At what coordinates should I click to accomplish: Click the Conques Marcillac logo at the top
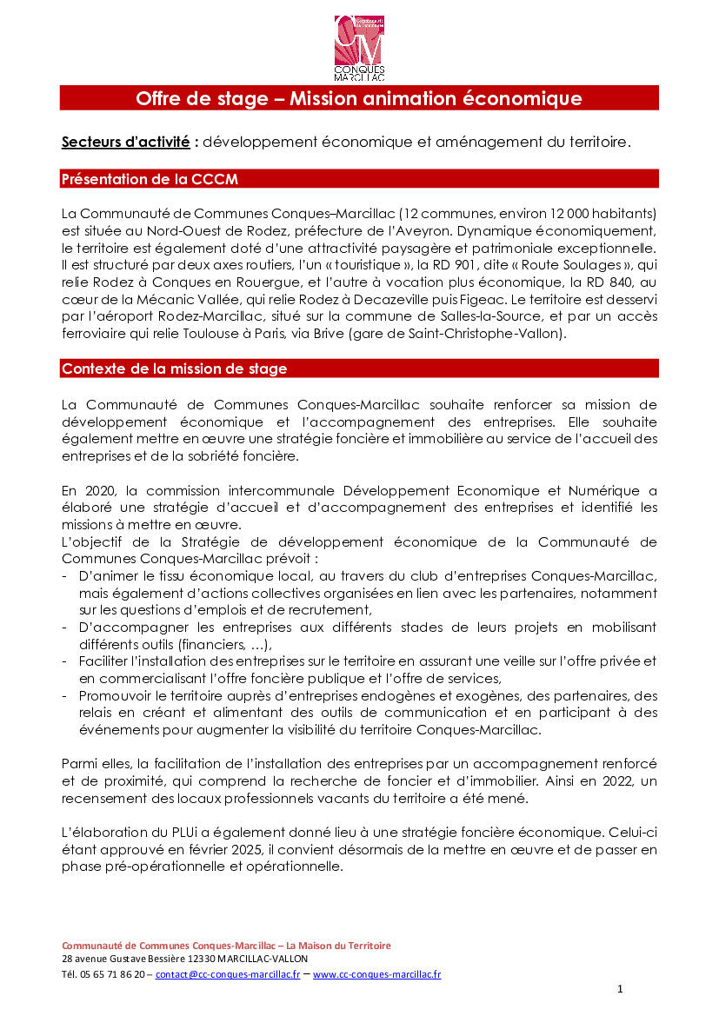click(359, 48)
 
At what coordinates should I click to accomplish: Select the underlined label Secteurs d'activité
click(125, 142)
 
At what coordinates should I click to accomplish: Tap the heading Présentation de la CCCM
click(149, 179)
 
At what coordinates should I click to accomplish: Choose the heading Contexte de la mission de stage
click(174, 369)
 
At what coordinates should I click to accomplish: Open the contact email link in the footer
click(228, 974)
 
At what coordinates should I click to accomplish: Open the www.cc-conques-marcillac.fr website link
click(376, 974)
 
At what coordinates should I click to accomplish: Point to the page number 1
click(620, 989)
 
